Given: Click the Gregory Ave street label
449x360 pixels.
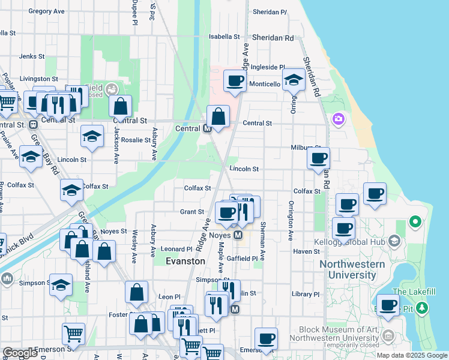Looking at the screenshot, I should (46, 11).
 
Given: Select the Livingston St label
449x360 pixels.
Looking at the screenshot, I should (38, 79).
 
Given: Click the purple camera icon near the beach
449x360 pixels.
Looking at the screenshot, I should (339, 119).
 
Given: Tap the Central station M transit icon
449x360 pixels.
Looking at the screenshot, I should (207, 128).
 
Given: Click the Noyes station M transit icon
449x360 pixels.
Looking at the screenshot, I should (238, 235).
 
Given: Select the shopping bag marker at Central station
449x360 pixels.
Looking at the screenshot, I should (218, 116).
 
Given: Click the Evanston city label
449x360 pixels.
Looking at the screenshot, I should (186, 262).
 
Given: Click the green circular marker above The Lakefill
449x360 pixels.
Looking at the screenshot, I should (415, 222).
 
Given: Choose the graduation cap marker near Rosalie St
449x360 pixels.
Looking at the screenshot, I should (92, 137).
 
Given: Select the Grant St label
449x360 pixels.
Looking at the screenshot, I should (192, 212).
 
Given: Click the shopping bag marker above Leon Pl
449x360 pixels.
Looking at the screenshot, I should (136, 292).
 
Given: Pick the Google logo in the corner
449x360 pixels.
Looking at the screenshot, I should (20, 353).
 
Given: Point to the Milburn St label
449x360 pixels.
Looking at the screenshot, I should (307, 148).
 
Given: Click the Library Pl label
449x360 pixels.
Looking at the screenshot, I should (306, 294).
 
